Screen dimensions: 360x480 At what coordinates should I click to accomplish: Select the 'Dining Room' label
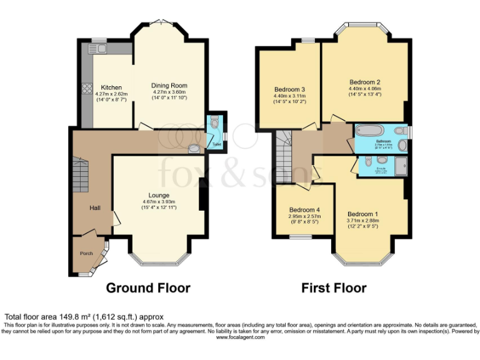[169, 86]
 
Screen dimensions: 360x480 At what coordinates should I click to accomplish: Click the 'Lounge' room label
[159, 195]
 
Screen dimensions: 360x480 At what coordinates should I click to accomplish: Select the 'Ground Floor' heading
[147, 288]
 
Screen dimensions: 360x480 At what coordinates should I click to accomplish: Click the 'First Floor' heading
[334, 288]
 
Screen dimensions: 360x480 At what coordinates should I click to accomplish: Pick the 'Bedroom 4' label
[305, 210]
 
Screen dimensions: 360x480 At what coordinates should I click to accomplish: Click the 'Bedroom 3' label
[289, 89]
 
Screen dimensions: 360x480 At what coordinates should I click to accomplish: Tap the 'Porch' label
[86, 253]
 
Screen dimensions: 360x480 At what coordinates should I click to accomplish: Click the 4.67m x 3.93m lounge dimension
[159, 202]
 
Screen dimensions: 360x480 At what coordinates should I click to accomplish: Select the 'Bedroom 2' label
[365, 82]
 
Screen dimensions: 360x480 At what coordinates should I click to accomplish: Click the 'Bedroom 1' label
[362, 214]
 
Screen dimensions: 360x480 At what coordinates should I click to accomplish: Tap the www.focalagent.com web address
[240, 337]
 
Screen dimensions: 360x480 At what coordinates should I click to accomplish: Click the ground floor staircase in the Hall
[80, 175]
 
